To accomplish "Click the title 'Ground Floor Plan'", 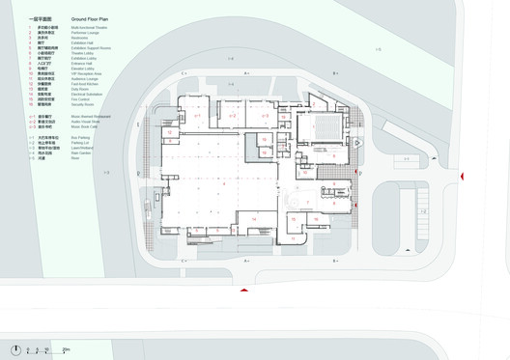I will click(90, 18).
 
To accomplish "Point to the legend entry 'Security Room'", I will click(83, 104).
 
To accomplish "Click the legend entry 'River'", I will click(75, 158).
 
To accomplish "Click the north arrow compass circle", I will click(15, 349).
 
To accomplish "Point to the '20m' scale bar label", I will click(66, 349).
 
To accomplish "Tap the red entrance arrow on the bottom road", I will click(245, 290).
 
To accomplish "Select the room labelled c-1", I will click(198, 116).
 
